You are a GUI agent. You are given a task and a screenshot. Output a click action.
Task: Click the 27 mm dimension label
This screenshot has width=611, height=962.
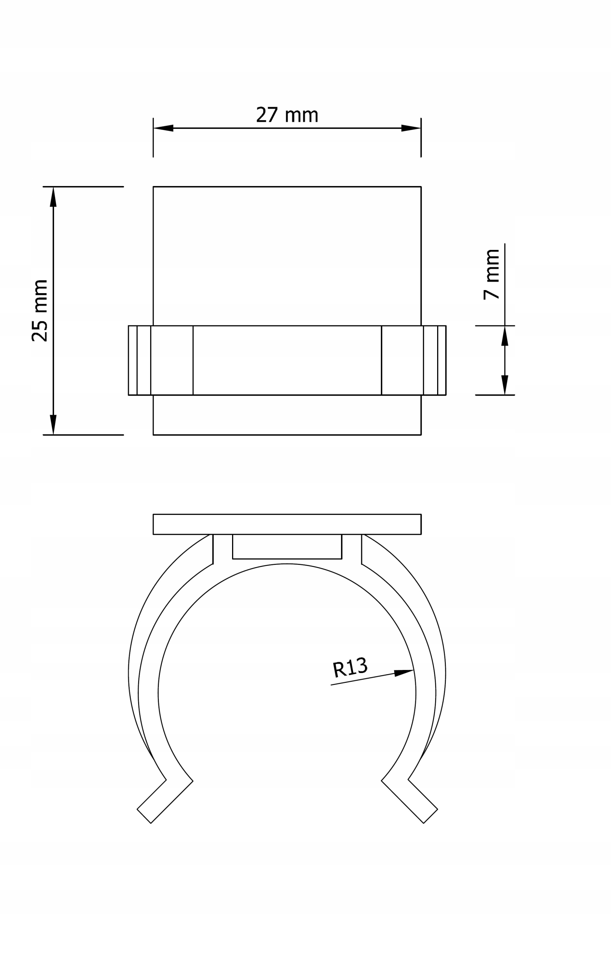point(287,115)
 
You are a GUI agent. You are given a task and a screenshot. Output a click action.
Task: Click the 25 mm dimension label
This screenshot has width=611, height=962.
point(40,311)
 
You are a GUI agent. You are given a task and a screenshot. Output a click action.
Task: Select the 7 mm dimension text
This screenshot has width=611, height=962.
point(492,274)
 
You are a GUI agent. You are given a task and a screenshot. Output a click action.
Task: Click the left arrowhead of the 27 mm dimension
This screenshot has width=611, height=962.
point(164,128)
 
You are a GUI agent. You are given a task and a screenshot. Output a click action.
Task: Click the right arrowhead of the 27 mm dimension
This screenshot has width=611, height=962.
point(410,128)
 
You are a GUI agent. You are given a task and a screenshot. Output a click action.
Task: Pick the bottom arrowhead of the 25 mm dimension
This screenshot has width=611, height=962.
point(53,424)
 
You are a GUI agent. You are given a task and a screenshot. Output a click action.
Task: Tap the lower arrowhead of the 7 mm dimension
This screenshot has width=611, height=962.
point(505,385)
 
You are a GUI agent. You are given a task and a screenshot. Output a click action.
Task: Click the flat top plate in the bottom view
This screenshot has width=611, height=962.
point(287,524)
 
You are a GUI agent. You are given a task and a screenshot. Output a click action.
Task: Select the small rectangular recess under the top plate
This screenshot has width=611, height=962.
point(287,546)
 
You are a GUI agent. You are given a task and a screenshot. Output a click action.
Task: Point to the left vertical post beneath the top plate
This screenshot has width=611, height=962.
point(223,548)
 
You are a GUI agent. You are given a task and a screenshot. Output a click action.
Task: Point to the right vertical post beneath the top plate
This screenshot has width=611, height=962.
point(352,548)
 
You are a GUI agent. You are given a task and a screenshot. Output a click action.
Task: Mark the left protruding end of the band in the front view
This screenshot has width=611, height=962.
point(140,360)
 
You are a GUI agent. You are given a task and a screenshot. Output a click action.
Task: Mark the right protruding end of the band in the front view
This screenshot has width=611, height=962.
point(434,360)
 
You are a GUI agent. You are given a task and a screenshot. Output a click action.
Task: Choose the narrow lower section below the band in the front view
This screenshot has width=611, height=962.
point(287,415)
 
